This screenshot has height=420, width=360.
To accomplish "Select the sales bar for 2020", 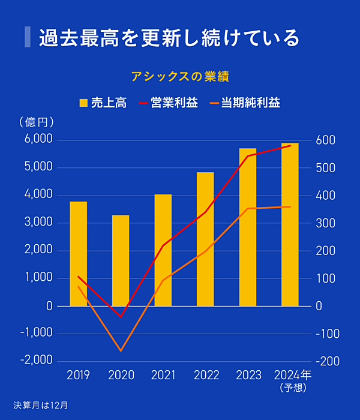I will coord(121,260).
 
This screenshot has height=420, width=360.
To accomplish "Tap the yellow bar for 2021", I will coord(163,250).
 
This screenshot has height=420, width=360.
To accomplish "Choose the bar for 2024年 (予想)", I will coord(290,224).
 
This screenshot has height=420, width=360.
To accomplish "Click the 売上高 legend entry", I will coord(103,103).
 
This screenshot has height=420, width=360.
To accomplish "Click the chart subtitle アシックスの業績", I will coord(180,77).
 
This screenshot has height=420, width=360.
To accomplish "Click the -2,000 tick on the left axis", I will coord(37,361).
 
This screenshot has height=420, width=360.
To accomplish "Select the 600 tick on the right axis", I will coord(326,140).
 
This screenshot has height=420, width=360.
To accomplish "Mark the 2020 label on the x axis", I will coord(121,376).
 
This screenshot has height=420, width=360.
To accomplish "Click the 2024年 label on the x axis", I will coord(292,376).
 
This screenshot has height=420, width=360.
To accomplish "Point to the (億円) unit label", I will coord(37,122).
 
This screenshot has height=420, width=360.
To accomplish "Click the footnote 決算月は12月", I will coord(41,405).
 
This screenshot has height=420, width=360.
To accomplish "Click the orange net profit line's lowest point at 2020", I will coord(121,350).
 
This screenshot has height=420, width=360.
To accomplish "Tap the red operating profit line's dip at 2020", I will coord(121,316).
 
